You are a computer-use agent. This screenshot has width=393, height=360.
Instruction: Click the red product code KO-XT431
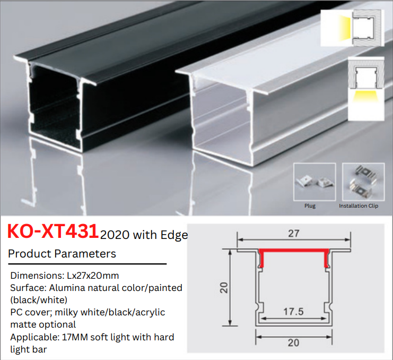(x=53, y=231)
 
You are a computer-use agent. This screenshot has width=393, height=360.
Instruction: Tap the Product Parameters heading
(x=62, y=254)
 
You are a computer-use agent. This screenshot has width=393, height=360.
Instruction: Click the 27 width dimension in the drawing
(x=293, y=233)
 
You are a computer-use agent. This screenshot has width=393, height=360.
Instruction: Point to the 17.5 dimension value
(x=293, y=312)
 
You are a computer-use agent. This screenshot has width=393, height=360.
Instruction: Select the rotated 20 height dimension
(x=224, y=287)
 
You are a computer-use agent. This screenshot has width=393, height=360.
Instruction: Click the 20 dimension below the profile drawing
(x=293, y=342)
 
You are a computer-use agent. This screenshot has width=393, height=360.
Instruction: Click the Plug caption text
(x=310, y=205)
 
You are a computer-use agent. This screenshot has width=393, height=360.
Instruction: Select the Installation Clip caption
(x=359, y=205)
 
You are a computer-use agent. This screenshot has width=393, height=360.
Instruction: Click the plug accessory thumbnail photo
(x=315, y=182)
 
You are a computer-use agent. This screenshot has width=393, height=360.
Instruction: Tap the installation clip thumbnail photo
(x=363, y=182)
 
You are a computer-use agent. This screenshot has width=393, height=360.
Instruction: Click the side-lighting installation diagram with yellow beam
(x=352, y=28)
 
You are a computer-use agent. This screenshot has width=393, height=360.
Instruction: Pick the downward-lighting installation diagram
(x=366, y=89)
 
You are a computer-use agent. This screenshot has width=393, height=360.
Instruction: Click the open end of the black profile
(x=56, y=105)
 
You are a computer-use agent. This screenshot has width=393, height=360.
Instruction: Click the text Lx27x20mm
(x=93, y=276)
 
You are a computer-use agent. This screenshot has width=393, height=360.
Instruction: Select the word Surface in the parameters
(x=28, y=288)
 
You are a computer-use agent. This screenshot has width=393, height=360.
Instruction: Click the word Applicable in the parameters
(x=34, y=337)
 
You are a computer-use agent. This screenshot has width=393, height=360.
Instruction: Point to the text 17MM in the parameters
(x=75, y=337)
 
